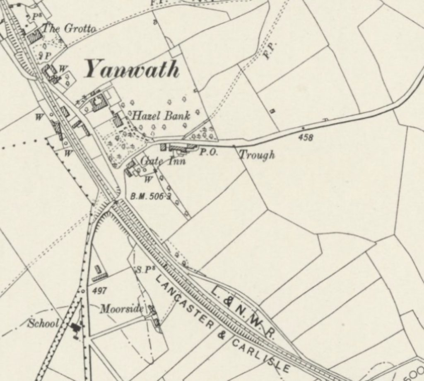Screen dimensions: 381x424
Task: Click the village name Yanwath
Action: pos(132,69)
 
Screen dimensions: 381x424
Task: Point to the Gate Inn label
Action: pos(163,160)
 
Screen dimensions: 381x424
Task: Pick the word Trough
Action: pos(257,155)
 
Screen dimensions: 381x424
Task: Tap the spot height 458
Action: pos(306,137)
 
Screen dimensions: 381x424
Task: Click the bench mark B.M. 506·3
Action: pos(150,196)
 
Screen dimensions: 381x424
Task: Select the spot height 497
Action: pos(100,291)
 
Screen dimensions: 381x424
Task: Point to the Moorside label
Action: pos(122,309)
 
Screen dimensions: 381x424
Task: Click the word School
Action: pos(43,323)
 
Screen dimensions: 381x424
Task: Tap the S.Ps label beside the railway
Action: pos(142,270)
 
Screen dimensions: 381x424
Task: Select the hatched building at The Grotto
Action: pos(35,37)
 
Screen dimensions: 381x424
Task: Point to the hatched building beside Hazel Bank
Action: pos(118,120)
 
